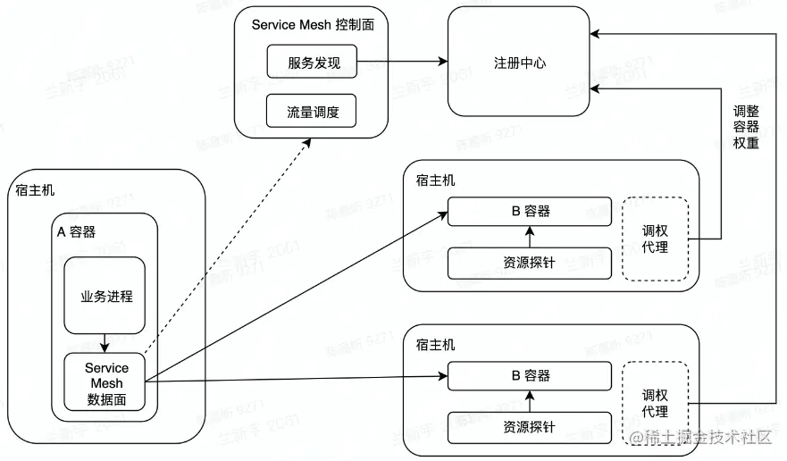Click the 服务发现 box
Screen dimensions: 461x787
coord(312,63)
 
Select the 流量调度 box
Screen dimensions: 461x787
coord(312,112)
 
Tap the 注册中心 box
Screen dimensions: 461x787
coord(519,63)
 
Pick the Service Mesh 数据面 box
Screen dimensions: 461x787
coord(106,383)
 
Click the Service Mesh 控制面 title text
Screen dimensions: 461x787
coord(313,25)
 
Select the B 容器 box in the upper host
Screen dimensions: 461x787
coord(530,212)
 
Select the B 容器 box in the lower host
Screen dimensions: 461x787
coord(530,374)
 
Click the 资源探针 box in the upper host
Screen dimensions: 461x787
coord(530,263)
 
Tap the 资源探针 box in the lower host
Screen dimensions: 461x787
coord(530,426)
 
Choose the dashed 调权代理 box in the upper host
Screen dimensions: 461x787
coord(655,239)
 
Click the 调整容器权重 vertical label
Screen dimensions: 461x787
coord(746,127)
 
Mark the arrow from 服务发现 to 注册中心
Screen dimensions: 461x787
coord(402,63)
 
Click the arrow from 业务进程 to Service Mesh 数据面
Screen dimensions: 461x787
coord(106,343)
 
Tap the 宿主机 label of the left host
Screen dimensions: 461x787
coord(35,189)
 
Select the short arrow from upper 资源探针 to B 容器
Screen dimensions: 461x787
coord(530,238)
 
